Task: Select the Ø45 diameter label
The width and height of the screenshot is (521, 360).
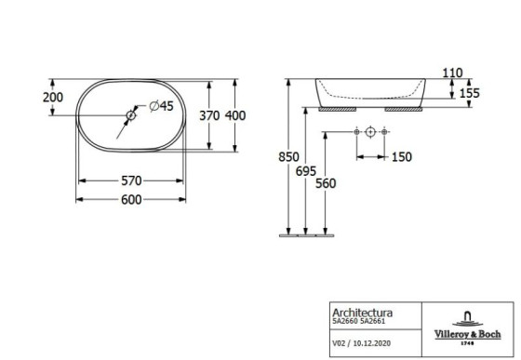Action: pos(162,107)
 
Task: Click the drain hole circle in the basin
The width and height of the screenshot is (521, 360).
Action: pos(131,115)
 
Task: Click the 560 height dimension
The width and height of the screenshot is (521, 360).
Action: pos(324,183)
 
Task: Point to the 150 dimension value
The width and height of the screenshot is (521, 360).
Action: pos(400,157)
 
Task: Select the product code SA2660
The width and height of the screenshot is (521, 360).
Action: pos(346,325)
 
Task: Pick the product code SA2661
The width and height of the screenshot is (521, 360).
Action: pos(373,325)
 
